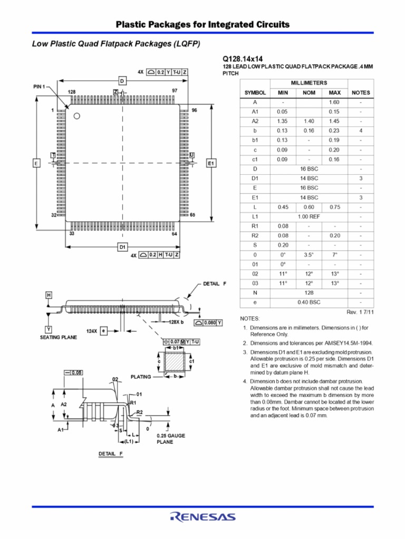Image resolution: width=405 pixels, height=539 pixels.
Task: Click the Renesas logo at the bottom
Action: [x=202, y=517]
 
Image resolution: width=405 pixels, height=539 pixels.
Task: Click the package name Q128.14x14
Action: [x=243, y=59]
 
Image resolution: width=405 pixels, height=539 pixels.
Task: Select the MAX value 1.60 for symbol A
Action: [x=334, y=102]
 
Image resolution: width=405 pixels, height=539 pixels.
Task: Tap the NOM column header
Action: [x=308, y=93]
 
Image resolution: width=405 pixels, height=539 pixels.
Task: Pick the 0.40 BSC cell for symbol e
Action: [x=308, y=303]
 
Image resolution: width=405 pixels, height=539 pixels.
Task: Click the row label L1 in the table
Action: [x=255, y=216]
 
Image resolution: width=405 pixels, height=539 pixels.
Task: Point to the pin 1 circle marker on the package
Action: [x=76, y=116]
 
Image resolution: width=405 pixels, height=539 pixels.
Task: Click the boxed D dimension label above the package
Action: [x=122, y=81]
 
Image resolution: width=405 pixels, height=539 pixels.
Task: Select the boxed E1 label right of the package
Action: [x=211, y=164]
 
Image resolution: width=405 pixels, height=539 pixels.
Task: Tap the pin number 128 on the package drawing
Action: [x=72, y=92]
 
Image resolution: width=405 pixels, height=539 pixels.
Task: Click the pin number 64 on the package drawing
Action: [x=175, y=233]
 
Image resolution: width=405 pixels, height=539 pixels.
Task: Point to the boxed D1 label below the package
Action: [x=122, y=246]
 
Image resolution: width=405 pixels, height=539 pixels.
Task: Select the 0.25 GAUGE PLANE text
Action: [x=171, y=439]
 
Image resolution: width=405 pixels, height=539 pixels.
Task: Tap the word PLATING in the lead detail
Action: [x=141, y=377]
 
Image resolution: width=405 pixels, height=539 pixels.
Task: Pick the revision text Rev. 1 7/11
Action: [x=360, y=312]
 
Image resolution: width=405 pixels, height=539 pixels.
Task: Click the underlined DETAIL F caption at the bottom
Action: [x=110, y=454]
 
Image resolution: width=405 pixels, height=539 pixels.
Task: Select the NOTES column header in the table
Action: [x=361, y=93]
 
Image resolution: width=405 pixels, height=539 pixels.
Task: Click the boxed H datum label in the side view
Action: [x=49, y=295]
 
